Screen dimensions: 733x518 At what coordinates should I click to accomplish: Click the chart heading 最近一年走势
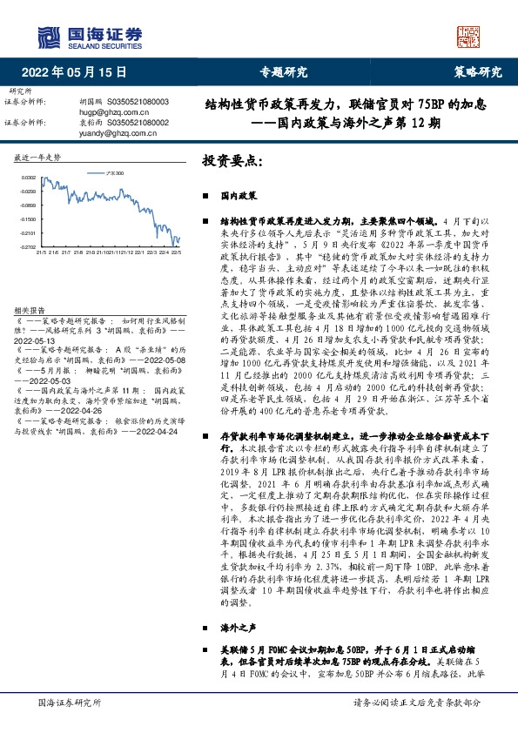38,158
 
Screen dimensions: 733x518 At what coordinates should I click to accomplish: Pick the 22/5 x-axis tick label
177,253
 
